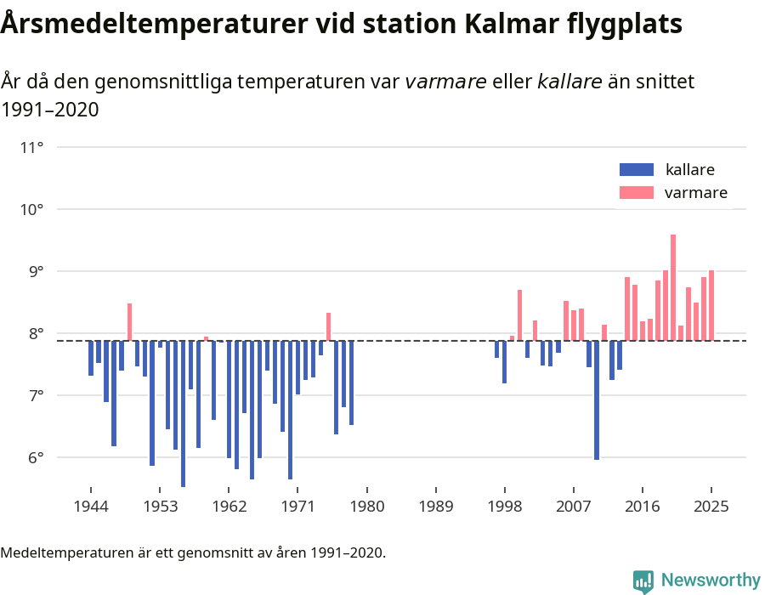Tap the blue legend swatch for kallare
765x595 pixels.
point(637,169)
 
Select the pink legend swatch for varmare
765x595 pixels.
point(637,193)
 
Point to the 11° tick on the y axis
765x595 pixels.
point(32,148)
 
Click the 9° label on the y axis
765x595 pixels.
point(32,272)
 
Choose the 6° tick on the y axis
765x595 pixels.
point(32,458)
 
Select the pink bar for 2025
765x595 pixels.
point(711,306)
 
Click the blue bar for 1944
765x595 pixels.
point(91,358)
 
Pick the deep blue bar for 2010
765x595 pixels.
point(597,399)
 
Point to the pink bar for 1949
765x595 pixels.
point(130,322)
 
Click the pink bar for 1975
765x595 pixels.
point(328,327)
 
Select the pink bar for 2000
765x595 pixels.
point(519,315)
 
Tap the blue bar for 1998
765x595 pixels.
point(497,349)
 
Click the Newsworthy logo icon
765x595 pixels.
point(643,581)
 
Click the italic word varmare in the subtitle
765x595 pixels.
point(445,82)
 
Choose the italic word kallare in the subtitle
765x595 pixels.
point(570,82)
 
